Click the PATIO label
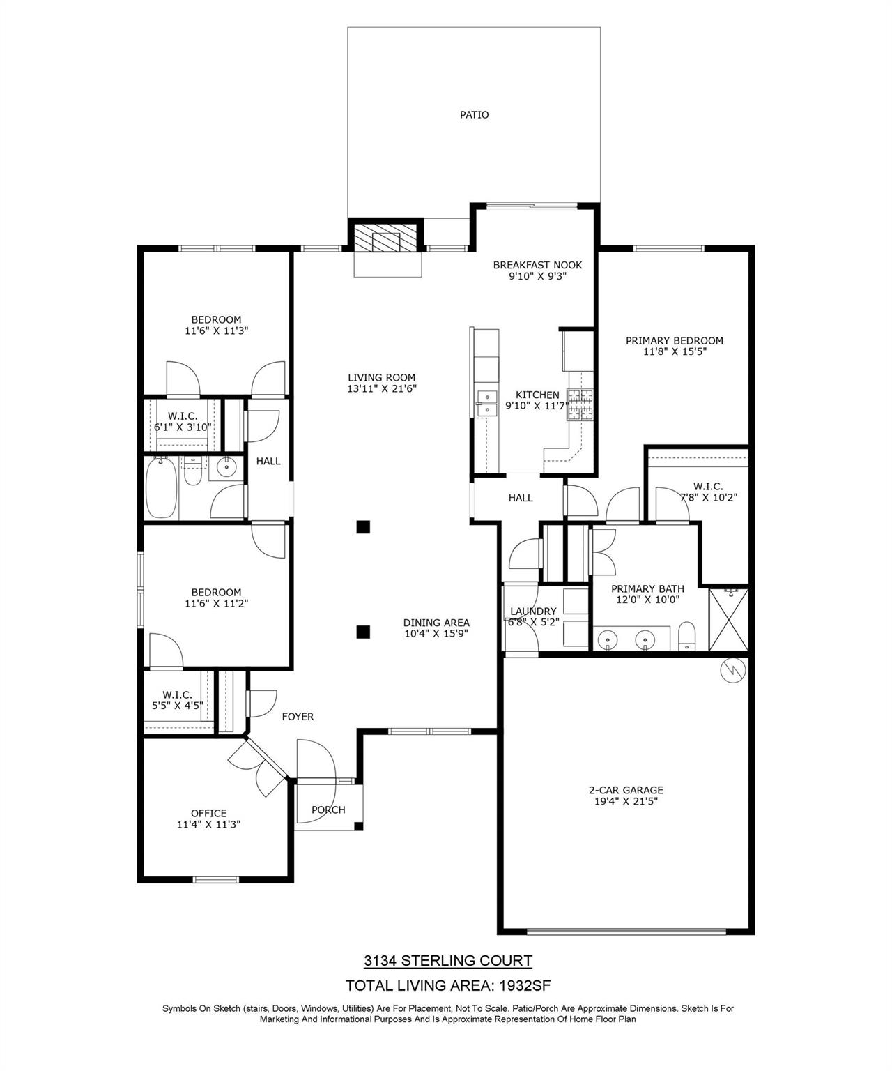(474, 114)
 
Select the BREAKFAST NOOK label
(537, 265)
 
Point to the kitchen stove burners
(580, 405)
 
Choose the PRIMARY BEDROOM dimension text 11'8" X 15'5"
(675, 352)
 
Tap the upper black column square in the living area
(362, 527)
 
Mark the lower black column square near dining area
(362, 632)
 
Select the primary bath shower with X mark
(728, 620)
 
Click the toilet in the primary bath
(687, 636)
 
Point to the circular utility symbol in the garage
(734, 670)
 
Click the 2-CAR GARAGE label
(626, 790)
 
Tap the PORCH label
(328, 810)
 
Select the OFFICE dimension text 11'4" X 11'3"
(209, 824)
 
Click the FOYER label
(298, 716)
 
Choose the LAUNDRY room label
(533, 612)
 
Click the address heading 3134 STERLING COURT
(448, 961)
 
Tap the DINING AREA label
(436, 623)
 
